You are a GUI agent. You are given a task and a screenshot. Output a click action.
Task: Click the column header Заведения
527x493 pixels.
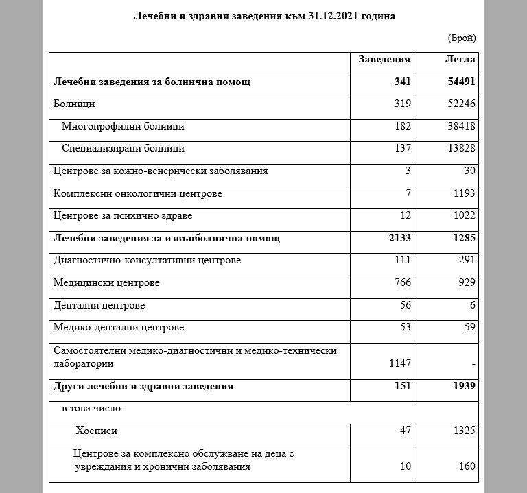click(384, 60)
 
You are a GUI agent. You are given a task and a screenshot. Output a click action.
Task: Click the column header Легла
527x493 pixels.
click(460, 60)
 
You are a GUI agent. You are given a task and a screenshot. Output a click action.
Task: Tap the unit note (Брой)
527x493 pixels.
click(460, 38)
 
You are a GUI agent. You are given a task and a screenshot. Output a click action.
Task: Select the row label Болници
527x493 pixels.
click(74, 104)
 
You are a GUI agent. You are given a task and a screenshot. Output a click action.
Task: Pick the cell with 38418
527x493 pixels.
click(460, 127)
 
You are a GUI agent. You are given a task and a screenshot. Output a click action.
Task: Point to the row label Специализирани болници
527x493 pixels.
click(123, 149)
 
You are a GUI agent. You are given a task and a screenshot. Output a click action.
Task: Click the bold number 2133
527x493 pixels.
click(399, 239)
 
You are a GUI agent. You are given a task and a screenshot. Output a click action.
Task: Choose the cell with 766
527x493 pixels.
click(402, 283)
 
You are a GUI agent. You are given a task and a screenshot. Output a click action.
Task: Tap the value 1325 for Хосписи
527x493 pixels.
click(463, 431)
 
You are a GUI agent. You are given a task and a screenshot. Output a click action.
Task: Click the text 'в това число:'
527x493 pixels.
click(93, 409)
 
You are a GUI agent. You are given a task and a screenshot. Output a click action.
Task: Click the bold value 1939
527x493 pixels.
click(462, 387)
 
